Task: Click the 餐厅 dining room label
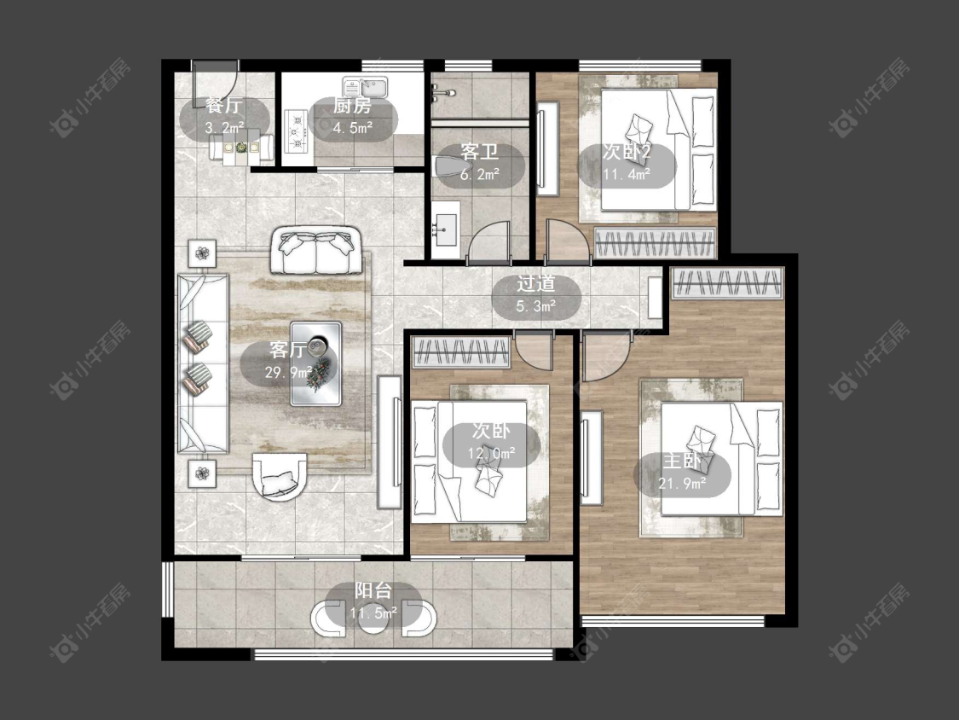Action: point(224,105)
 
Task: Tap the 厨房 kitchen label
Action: point(352,105)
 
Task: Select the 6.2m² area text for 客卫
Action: point(479,175)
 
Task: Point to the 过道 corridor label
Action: point(536,283)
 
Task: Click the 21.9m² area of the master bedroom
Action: point(682,484)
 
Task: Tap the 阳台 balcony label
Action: point(373,591)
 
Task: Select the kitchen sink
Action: point(366,87)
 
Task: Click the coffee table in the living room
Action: point(315,363)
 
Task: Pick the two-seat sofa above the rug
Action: point(315,250)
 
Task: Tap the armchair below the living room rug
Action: point(280,476)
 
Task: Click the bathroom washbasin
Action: point(445,229)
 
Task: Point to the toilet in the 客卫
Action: point(449,165)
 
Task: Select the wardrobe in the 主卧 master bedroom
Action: point(727,283)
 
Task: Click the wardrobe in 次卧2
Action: point(655,242)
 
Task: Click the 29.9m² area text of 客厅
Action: point(289,372)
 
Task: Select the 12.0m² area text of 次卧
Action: point(492,453)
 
